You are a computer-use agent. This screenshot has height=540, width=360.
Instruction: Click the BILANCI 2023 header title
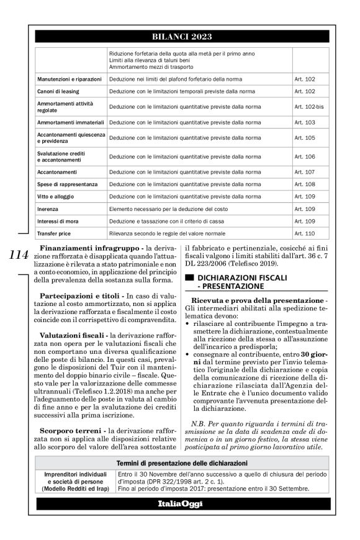coord(179,37)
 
